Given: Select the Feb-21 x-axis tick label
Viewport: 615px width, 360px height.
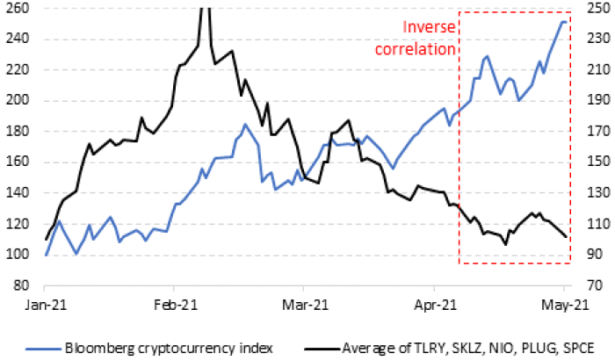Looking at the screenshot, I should coord(174,306).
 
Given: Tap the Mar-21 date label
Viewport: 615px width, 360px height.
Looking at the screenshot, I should coord(302,306).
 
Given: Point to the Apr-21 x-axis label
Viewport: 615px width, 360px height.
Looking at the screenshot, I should coord(435,306).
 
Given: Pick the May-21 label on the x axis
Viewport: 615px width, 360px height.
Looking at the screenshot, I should coord(563,306).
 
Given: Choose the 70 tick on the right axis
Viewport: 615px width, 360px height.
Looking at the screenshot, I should coord(590,285).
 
